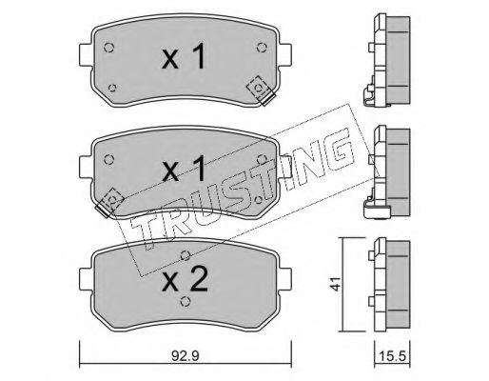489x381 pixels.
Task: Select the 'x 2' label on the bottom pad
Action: coord(185,281)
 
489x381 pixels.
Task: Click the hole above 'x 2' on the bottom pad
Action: coord(184,253)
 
